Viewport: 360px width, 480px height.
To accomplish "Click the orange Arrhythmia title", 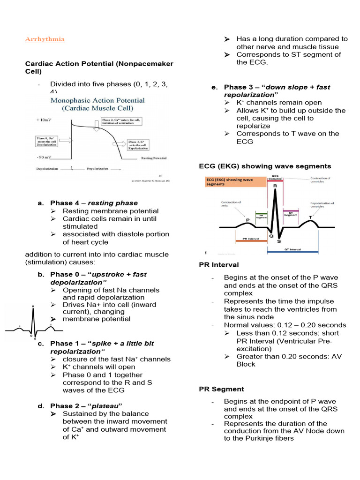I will (x=45, y=39).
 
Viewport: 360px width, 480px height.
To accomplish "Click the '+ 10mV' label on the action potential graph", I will (x=45, y=120).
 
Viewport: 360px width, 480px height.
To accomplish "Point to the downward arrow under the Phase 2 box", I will (x=97, y=125).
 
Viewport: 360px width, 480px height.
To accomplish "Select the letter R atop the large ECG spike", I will (x=275, y=186).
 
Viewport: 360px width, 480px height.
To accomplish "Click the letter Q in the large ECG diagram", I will (x=271, y=236).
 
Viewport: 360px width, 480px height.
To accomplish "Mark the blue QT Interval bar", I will (x=292, y=252).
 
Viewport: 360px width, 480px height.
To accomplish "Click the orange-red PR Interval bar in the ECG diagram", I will (x=251, y=240).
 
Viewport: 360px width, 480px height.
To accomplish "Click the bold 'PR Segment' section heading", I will (x=221, y=389).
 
